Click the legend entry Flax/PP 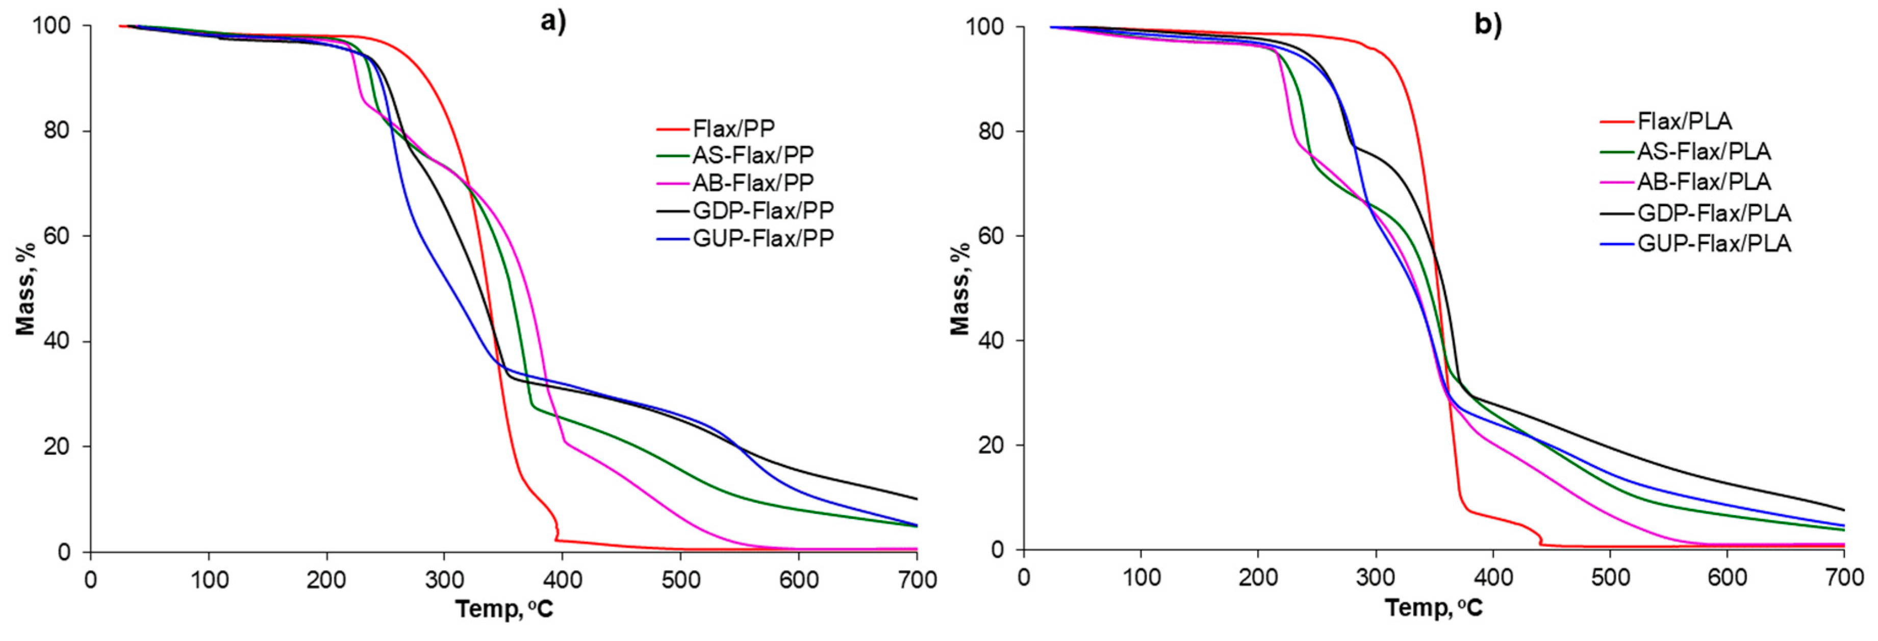[x=732, y=129]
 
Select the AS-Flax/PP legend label [x=752, y=155]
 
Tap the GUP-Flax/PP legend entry [x=763, y=238]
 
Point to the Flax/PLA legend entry [x=1683, y=120]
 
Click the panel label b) [x=1488, y=25]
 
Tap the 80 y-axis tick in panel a [x=58, y=131]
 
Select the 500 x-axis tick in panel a [x=680, y=580]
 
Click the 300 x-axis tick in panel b [x=1376, y=578]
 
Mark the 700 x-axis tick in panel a [x=917, y=580]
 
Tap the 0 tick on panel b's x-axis [x=1024, y=578]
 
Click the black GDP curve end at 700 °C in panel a [x=916, y=499]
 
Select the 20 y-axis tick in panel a [x=58, y=446]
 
